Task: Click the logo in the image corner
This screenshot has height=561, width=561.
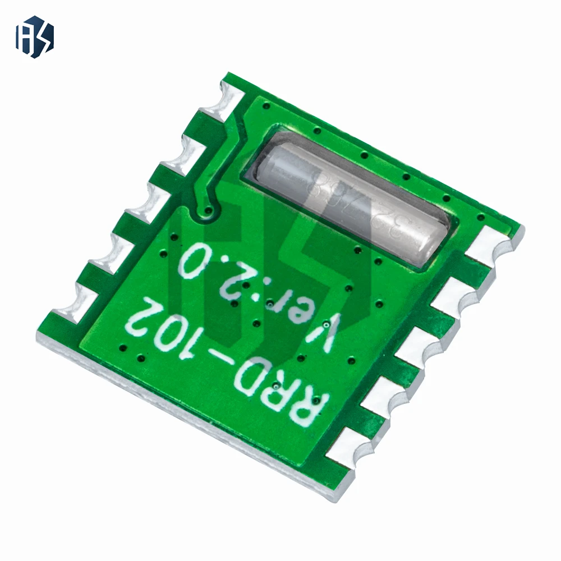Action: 35,38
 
